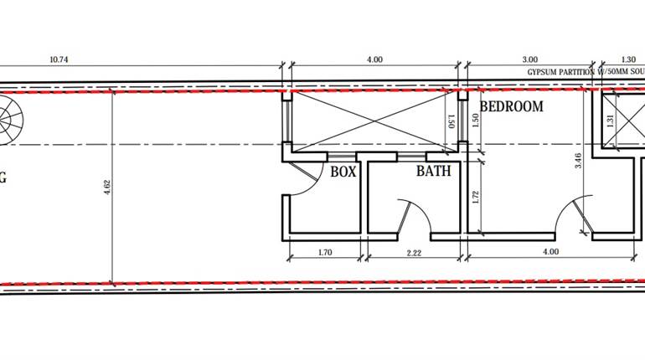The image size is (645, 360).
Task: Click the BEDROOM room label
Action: [511, 107]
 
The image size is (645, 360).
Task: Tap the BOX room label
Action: [343, 172]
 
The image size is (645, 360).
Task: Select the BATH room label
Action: [434, 172]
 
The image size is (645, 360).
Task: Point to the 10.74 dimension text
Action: [58, 59]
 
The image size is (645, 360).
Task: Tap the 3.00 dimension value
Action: [529, 59]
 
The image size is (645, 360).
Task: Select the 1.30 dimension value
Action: [627, 59]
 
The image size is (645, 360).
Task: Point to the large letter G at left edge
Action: [3, 177]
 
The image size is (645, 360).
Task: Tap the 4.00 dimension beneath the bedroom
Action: [550, 250]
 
